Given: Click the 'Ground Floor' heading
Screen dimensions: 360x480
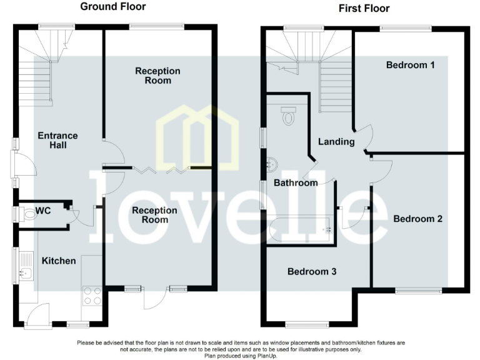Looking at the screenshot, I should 113,7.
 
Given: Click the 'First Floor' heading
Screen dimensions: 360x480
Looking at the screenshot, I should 364,8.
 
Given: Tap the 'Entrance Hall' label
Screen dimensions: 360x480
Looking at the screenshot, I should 57,141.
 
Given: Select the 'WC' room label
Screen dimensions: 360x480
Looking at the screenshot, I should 42,211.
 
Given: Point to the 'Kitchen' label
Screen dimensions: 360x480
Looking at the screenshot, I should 58,261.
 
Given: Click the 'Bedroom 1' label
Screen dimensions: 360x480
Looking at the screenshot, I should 410,65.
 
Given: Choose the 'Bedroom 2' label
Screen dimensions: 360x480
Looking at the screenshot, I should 417,219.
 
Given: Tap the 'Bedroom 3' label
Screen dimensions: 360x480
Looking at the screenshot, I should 312,272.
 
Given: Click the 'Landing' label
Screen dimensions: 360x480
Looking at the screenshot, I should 336,142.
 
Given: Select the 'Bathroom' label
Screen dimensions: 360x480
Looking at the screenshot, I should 296,183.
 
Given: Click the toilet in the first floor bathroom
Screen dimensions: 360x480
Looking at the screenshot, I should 288,116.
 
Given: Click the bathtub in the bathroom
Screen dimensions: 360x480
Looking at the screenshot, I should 299,229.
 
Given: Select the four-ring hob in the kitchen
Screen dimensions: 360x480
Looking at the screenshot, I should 92,295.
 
